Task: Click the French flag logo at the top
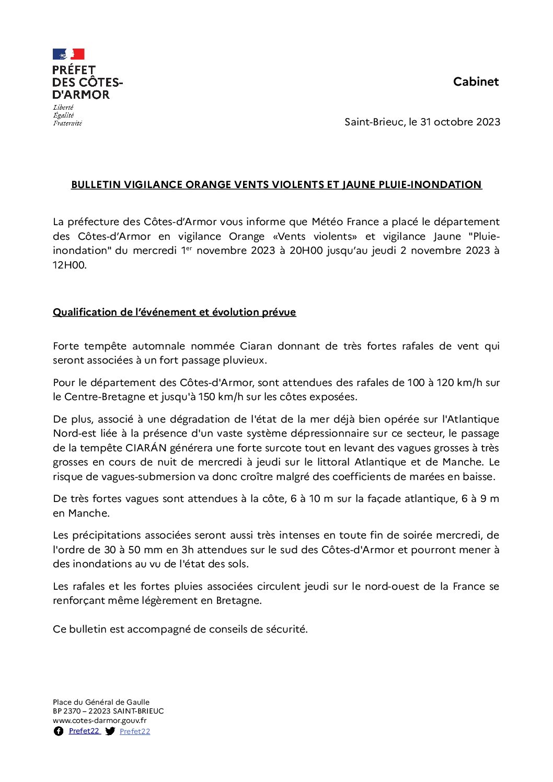[68, 54]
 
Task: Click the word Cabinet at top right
[476, 81]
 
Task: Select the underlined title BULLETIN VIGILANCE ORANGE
[276, 184]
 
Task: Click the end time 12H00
[70, 265]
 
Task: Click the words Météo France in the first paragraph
[345, 221]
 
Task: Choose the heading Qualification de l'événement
[174, 312]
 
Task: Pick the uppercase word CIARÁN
[146, 448]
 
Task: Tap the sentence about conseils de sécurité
[180, 629]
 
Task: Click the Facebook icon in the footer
[59, 731]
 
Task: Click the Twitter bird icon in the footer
[110, 731]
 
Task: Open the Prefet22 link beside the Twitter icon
[135, 731]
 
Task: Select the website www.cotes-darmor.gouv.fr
[99, 720]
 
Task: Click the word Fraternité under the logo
[67, 123]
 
